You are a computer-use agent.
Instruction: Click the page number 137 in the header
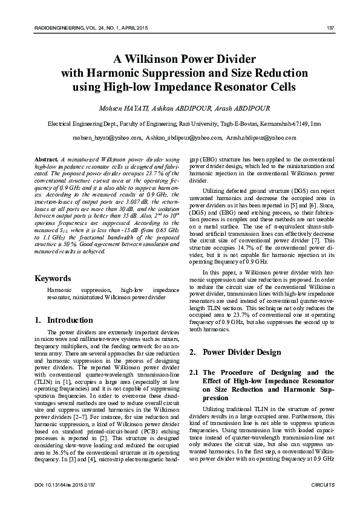[x=330, y=27]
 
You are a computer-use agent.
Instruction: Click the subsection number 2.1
[x=195, y=372]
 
